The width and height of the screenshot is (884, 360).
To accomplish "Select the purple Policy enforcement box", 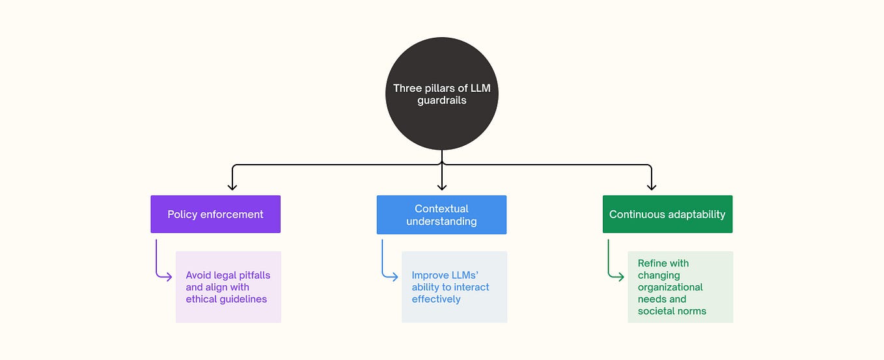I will tap(215, 214).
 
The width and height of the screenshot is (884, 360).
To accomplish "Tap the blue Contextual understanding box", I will tap(441, 215).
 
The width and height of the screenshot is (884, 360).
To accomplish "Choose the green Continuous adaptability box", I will tap(667, 214).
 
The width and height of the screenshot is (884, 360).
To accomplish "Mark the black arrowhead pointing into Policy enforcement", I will tap(232, 187).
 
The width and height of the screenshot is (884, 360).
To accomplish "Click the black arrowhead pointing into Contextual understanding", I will tap(441, 187).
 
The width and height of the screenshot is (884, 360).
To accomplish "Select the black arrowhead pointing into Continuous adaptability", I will tap(651, 187).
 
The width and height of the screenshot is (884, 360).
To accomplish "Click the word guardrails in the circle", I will tap(441, 100).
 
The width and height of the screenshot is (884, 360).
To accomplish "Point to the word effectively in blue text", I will tap(435, 299).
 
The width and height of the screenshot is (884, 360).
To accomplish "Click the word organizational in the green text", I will tap(670, 287).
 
